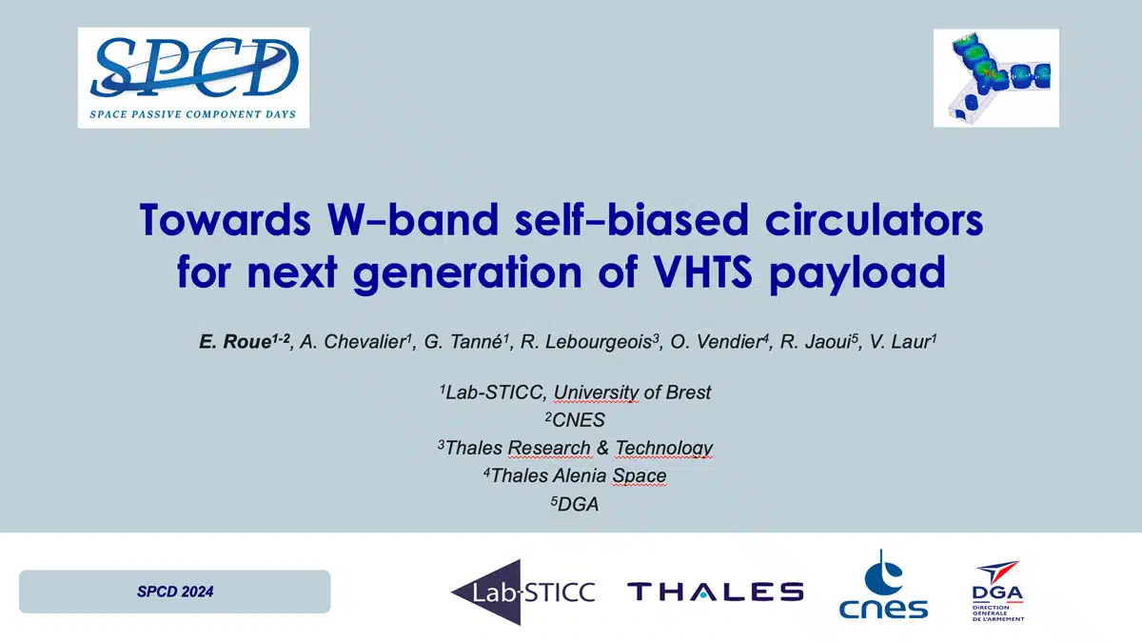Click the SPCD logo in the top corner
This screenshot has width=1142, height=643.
[x=194, y=77]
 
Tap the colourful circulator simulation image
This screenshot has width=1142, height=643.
[x=996, y=78]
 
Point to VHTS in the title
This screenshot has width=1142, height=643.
[x=702, y=271]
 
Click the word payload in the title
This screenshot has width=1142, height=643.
[x=857, y=274]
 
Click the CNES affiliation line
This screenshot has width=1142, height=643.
[x=575, y=420]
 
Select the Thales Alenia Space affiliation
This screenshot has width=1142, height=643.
[x=575, y=475]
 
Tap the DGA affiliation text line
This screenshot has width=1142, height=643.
[x=575, y=504]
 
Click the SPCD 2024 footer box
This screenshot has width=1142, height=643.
[x=175, y=592]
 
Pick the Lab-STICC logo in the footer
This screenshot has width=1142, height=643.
[x=523, y=593]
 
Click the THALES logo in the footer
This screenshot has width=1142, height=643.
[x=716, y=592]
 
